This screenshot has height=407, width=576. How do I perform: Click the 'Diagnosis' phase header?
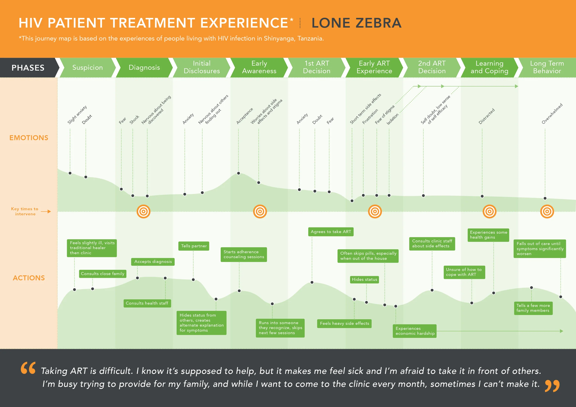point(144,67)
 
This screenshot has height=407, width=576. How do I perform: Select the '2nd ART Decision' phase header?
point(432,67)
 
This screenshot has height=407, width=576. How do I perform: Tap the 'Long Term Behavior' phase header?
point(547,67)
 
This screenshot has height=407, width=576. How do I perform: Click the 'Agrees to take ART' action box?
point(331,232)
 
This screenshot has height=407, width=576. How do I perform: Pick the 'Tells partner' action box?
point(194,246)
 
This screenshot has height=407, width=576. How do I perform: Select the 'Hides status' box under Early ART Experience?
point(364,279)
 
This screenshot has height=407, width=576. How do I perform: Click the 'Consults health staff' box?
point(147,303)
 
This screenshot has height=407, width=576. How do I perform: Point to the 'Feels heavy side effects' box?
point(344,323)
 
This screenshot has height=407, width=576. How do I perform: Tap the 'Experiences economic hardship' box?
point(415,331)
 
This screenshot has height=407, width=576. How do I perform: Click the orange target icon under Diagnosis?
point(144,212)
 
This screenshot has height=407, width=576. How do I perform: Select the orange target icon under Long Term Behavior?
point(547,212)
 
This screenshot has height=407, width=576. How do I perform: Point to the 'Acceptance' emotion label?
point(245,116)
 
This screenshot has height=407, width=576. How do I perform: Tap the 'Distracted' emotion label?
point(486,116)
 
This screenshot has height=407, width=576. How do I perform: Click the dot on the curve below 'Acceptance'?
point(238,173)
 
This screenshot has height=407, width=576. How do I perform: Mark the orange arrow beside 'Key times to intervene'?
point(46,212)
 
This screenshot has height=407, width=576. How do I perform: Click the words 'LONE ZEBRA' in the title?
point(356,23)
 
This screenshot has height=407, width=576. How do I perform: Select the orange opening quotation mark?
point(28,368)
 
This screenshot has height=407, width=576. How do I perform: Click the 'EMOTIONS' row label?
point(29,138)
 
